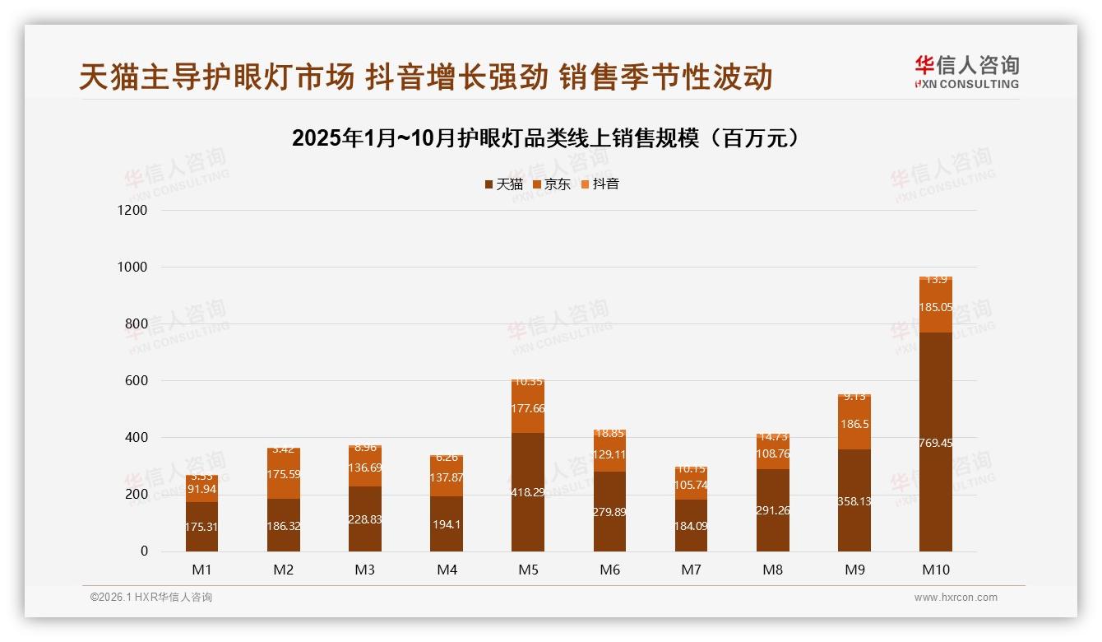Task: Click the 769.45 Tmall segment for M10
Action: [x=936, y=442]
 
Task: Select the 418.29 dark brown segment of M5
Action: [x=528, y=491]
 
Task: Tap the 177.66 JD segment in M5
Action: [x=528, y=408]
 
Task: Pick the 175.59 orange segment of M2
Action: [x=284, y=474]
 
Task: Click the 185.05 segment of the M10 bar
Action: [x=936, y=307]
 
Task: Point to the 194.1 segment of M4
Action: [x=447, y=524]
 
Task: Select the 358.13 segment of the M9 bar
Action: [x=854, y=500]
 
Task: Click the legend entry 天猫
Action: [x=504, y=184]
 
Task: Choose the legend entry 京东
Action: [x=552, y=184]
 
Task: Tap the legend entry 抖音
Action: [x=600, y=184]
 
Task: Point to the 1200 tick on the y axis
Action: [x=132, y=211]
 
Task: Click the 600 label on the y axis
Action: [x=137, y=381]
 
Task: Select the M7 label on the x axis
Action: [x=692, y=570]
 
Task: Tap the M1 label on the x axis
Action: [x=202, y=570]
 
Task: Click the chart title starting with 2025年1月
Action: [x=546, y=138]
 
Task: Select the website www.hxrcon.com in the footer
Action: [x=956, y=598]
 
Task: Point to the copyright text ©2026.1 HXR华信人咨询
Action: [x=151, y=598]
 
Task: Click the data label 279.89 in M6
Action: [x=609, y=512]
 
